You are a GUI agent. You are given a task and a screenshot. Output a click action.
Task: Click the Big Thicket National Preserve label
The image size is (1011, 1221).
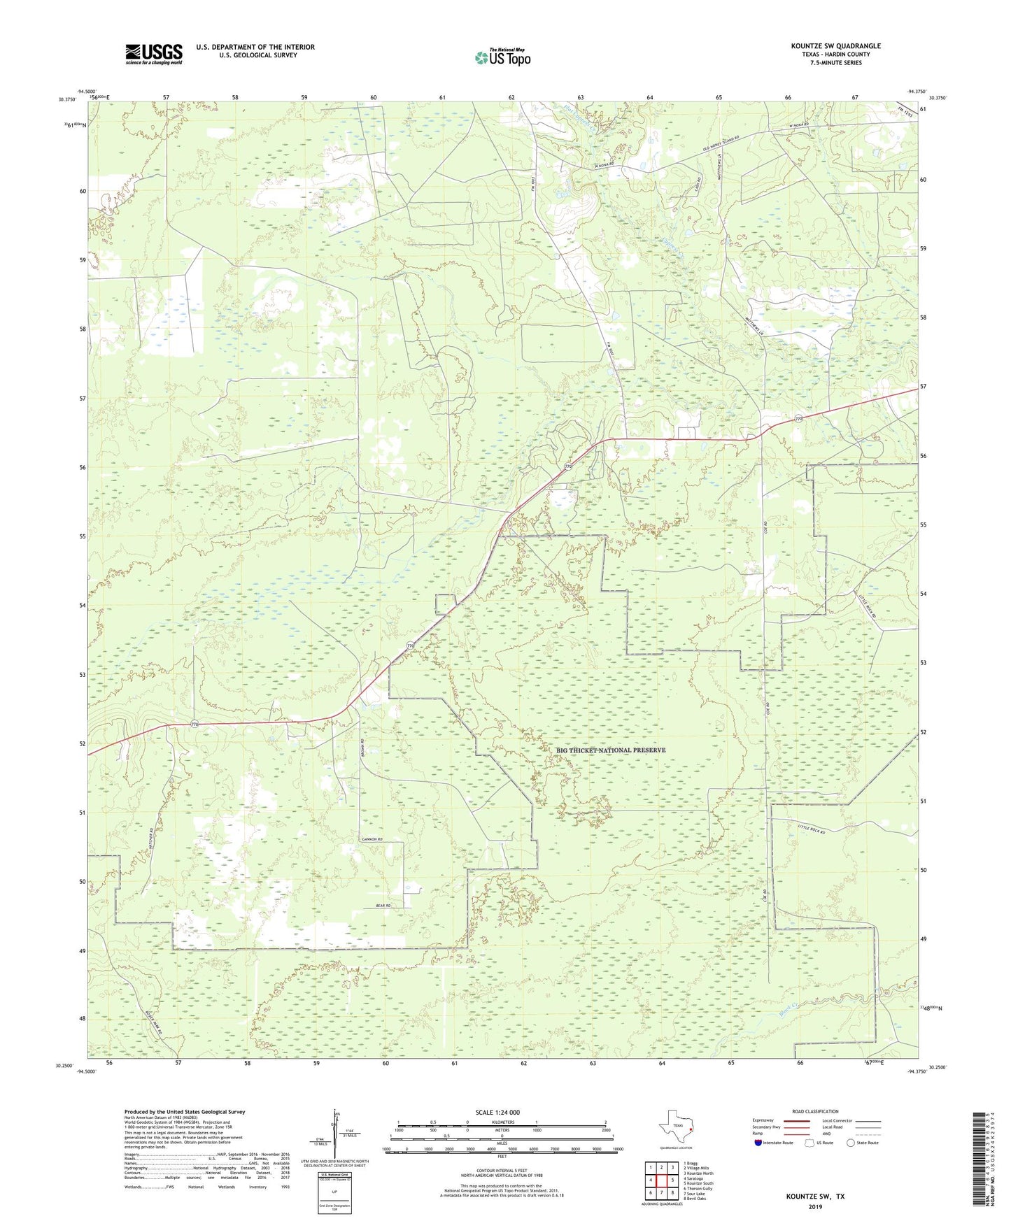click(x=611, y=750)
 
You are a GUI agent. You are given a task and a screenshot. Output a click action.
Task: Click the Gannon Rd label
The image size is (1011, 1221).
click(x=372, y=838)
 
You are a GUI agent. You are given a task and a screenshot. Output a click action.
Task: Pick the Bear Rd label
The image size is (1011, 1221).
click(x=383, y=906)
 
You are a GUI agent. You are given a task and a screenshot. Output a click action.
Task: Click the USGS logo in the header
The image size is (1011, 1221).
click(x=154, y=54)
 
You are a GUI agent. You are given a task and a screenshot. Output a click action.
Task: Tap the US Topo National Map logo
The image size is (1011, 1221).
click(x=502, y=57)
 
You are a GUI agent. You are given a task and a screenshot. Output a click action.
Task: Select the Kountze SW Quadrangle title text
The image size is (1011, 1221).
click(x=836, y=46)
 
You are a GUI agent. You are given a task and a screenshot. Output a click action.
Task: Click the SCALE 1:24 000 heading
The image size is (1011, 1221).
click(x=497, y=1113)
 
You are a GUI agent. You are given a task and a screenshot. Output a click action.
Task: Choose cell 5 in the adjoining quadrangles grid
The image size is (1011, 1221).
click(x=672, y=1180)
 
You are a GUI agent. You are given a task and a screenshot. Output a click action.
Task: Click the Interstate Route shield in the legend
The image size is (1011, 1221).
click(x=759, y=1143)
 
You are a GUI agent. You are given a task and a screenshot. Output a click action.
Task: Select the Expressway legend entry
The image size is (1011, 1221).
click(x=767, y=1121)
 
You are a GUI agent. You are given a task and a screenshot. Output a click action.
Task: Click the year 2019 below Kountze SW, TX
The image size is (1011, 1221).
click(x=815, y=1206)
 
